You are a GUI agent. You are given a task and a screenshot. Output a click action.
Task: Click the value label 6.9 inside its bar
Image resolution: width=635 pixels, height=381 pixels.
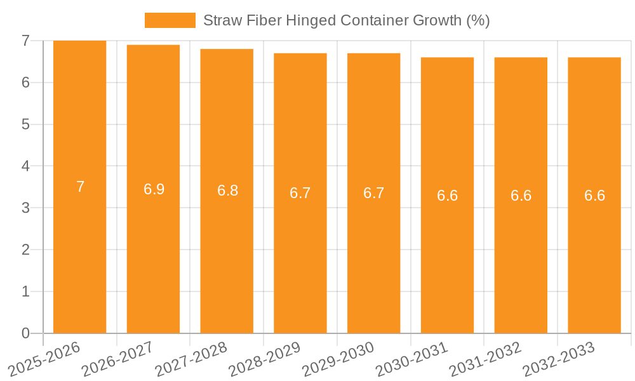(x=154, y=189)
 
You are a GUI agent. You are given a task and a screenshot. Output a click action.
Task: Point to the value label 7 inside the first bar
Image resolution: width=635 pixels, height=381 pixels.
(x=81, y=187)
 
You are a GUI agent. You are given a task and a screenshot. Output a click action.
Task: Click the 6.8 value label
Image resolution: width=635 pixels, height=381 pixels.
(x=227, y=190)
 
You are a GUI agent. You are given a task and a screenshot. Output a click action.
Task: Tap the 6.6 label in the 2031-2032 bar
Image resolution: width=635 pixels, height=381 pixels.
(x=521, y=196)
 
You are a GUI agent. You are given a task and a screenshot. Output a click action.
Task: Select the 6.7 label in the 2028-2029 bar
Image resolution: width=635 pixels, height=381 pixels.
(x=300, y=193)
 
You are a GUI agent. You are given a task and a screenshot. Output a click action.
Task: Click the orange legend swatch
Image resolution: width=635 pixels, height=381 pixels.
(x=170, y=20)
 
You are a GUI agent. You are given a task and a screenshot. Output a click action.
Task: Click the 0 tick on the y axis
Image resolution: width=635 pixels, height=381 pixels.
(x=25, y=333)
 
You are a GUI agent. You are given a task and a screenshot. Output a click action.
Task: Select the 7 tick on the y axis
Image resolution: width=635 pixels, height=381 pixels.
(x=25, y=41)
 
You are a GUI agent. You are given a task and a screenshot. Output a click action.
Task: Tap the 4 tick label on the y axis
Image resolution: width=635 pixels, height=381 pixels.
(x=25, y=166)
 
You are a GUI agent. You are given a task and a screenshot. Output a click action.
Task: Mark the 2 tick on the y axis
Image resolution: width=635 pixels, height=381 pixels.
(x=25, y=250)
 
